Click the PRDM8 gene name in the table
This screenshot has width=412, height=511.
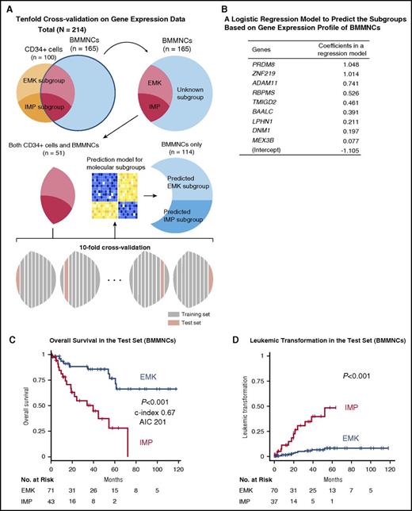click(250, 63)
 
